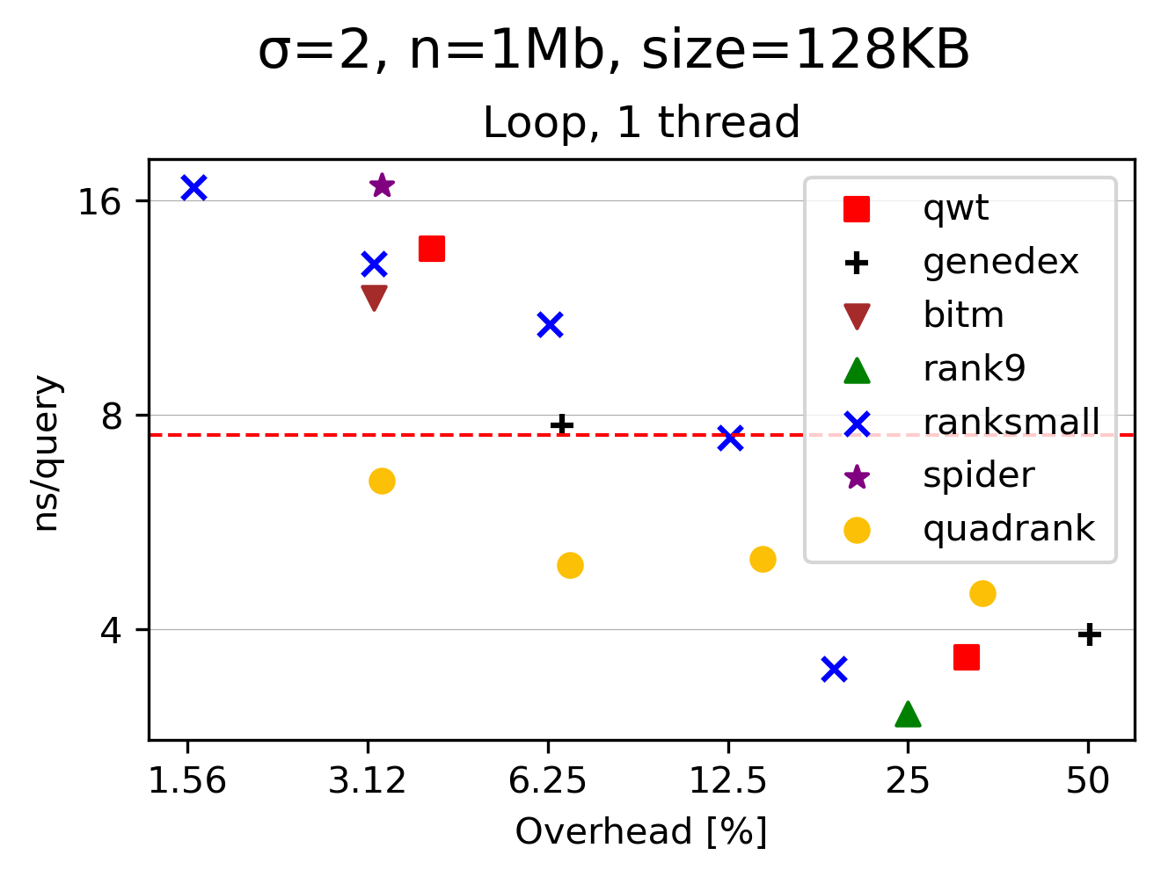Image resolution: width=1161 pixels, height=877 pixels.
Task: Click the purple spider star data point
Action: point(382,185)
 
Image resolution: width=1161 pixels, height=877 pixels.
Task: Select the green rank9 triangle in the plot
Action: point(908,714)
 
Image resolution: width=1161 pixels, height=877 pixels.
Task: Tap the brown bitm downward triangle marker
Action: point(374,298)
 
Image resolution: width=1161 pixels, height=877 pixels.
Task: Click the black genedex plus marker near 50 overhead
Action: point(1089,634)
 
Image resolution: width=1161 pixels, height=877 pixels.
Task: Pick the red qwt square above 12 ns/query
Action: point(431,249)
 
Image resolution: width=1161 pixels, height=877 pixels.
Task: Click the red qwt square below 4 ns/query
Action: point(966,657)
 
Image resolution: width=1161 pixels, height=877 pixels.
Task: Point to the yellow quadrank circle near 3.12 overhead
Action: point(382,481)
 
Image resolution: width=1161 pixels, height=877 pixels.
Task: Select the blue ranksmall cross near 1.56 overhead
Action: point(193,187)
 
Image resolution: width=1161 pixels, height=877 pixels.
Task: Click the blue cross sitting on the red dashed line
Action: point(730,438)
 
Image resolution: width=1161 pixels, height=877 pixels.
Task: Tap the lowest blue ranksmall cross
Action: point(834,670)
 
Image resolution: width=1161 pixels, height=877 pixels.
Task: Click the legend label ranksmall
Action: point(1011,422)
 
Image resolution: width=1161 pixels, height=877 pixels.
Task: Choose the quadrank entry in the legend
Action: point(1008,529)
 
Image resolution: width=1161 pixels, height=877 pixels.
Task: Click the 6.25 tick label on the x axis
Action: point(548,780)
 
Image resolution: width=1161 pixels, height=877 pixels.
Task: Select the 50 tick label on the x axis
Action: point(1088,780)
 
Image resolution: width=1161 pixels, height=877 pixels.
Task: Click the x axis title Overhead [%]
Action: point(641,831)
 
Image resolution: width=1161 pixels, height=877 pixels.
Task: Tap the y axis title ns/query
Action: point(46,453)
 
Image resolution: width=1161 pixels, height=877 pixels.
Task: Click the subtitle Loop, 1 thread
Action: point(641,122)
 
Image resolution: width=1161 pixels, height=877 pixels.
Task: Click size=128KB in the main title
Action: point(806,50)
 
